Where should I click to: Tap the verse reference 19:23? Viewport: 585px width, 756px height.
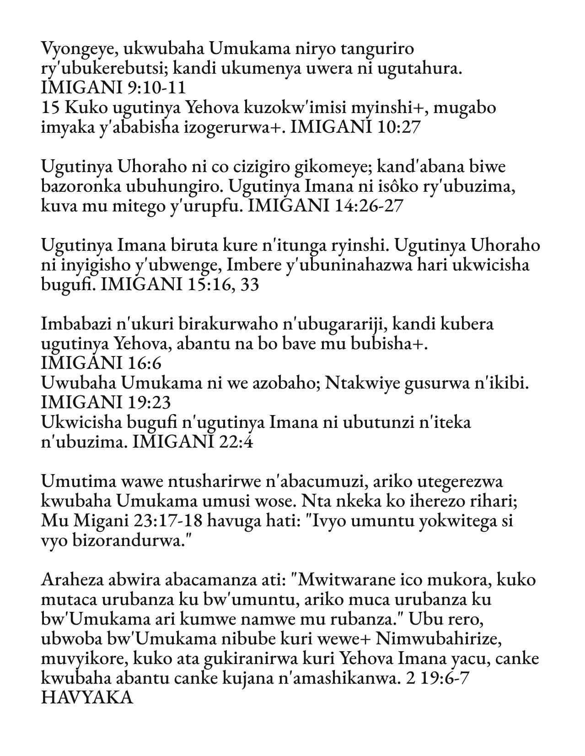(148, 403)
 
